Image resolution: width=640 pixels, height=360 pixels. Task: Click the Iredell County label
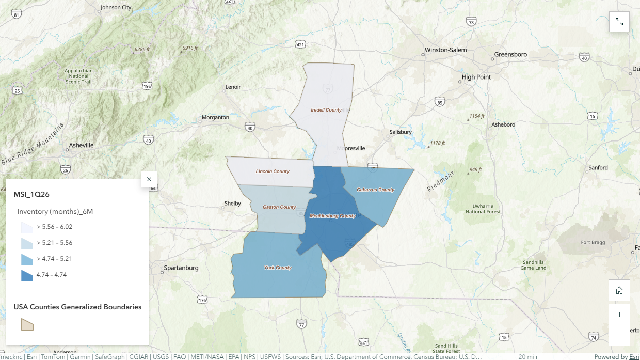coord(326,110)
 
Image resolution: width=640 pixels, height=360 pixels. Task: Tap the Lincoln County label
coord(273,171)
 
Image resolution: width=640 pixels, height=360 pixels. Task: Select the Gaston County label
coord(279,207)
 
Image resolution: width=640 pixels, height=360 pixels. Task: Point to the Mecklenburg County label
coord(332,216)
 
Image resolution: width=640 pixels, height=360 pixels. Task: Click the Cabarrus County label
coord(375,190)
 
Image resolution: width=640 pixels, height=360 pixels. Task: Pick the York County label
coord(278,268)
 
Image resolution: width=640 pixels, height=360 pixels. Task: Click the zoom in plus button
coord(619,315)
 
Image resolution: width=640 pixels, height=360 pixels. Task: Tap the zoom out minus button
coord(619,336)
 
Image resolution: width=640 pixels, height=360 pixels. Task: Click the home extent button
coord(619,290)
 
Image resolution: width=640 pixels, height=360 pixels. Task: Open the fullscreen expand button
coord(619,22)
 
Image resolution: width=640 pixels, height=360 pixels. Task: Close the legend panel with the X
coord(149,179)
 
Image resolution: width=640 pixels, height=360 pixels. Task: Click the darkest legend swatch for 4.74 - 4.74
coord(27,275)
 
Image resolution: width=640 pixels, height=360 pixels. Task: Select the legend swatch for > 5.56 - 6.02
coord(27,227)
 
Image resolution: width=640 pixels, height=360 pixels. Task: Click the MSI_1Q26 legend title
coord(31,194)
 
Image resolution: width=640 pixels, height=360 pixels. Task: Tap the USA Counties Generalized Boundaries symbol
coord(27,324)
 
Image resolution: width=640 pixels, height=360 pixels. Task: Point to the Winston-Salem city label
coord(445,50)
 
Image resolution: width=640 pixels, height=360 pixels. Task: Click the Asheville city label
coord(81,145)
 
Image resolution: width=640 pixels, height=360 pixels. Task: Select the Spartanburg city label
coord(181,268)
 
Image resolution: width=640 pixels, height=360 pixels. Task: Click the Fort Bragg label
coord(592,242)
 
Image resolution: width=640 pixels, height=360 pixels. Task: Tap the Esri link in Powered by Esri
coord(634,357)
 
